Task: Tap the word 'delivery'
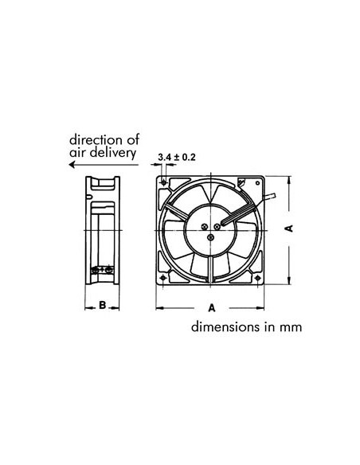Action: pyautogui.click(x=113, y=151)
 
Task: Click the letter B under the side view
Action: pyautogui.click(x=103, y=306)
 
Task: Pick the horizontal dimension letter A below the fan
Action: pyautogui.click(x=212, y=307)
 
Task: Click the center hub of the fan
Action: pyautogui.click(x=212, y=228)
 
